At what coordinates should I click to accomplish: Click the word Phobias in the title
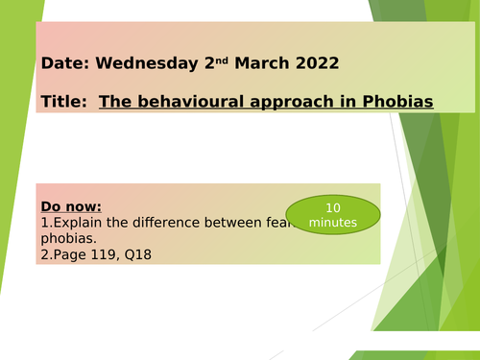[396, 100]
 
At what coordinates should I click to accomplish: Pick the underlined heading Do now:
[71, 205]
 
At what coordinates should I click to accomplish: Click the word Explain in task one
[81, 222]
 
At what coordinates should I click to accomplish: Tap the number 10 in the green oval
[332, 206]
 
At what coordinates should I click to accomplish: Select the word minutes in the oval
[333, 222]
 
